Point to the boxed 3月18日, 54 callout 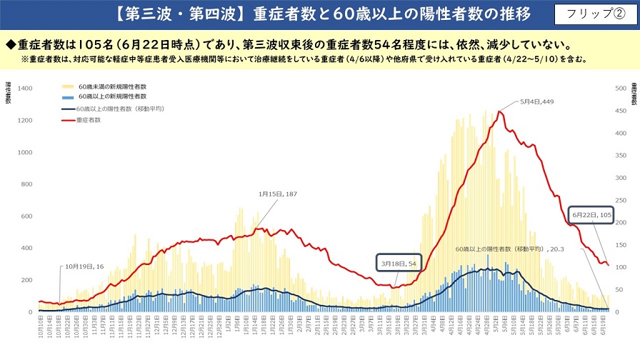pos(399,263)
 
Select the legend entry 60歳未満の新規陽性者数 pos(112,86)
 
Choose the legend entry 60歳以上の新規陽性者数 pos(112,95)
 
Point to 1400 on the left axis pos(25,88)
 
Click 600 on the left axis pos(27,216)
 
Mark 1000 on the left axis pos(25,152)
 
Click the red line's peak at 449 pos(500,111)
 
